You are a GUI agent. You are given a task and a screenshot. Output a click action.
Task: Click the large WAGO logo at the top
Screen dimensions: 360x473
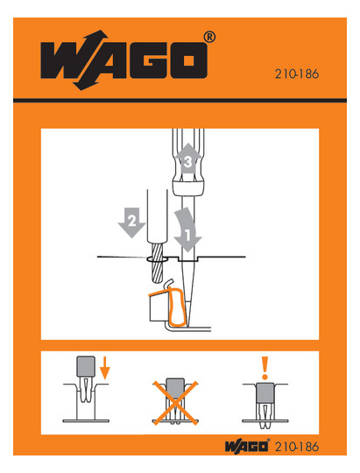click(124, 60)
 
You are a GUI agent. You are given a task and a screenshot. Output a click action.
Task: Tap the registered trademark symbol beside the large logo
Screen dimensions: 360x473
click(209, 37)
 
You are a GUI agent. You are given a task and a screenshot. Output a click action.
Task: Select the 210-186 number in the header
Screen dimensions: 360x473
click(297, 74)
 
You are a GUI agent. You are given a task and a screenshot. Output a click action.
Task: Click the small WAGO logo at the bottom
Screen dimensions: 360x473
click(246, 446)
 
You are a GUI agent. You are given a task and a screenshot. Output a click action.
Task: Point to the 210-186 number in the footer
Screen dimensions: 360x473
click(297, 447)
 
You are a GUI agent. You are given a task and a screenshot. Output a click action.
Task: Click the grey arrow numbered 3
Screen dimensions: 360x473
click(188, 158)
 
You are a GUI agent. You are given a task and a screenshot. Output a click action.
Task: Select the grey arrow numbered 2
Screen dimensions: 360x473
click(132, 222)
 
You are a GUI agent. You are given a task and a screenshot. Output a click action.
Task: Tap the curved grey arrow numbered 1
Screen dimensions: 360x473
click(187, 229)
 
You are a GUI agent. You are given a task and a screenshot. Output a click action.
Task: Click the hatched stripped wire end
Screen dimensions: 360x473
click(157, 263)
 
